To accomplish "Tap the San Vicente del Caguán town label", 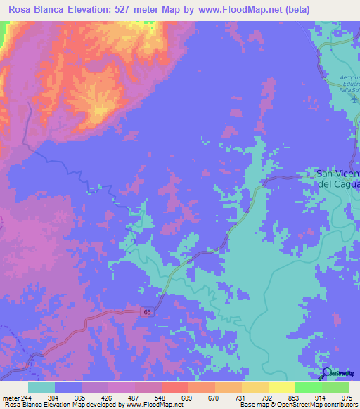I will [338, 179].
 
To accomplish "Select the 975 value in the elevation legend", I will [347, 397].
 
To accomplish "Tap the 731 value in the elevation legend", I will [240, 397].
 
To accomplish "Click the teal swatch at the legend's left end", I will [41, 387].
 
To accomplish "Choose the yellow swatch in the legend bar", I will [282, 387].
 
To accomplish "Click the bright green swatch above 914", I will [309, 387].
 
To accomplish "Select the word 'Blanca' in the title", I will [61, 10].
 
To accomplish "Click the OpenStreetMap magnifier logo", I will [327, 373].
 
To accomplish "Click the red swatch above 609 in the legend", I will [175, 387].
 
